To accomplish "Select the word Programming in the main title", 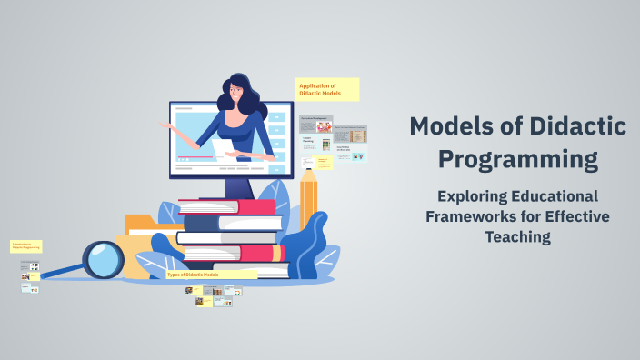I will pyautogui.click(x=518, y=160).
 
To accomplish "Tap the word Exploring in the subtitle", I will pyautogui.click(x=471, y=196).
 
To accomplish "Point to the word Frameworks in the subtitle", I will pyautogui.click(x=471, y=216).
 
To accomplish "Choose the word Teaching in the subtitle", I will pyautogui.click(x=518, y=237).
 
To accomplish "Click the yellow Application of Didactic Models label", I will pyautogui.click(x=327, y=89).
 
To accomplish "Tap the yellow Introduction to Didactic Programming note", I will pyautogui.click(x=26, y=246).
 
